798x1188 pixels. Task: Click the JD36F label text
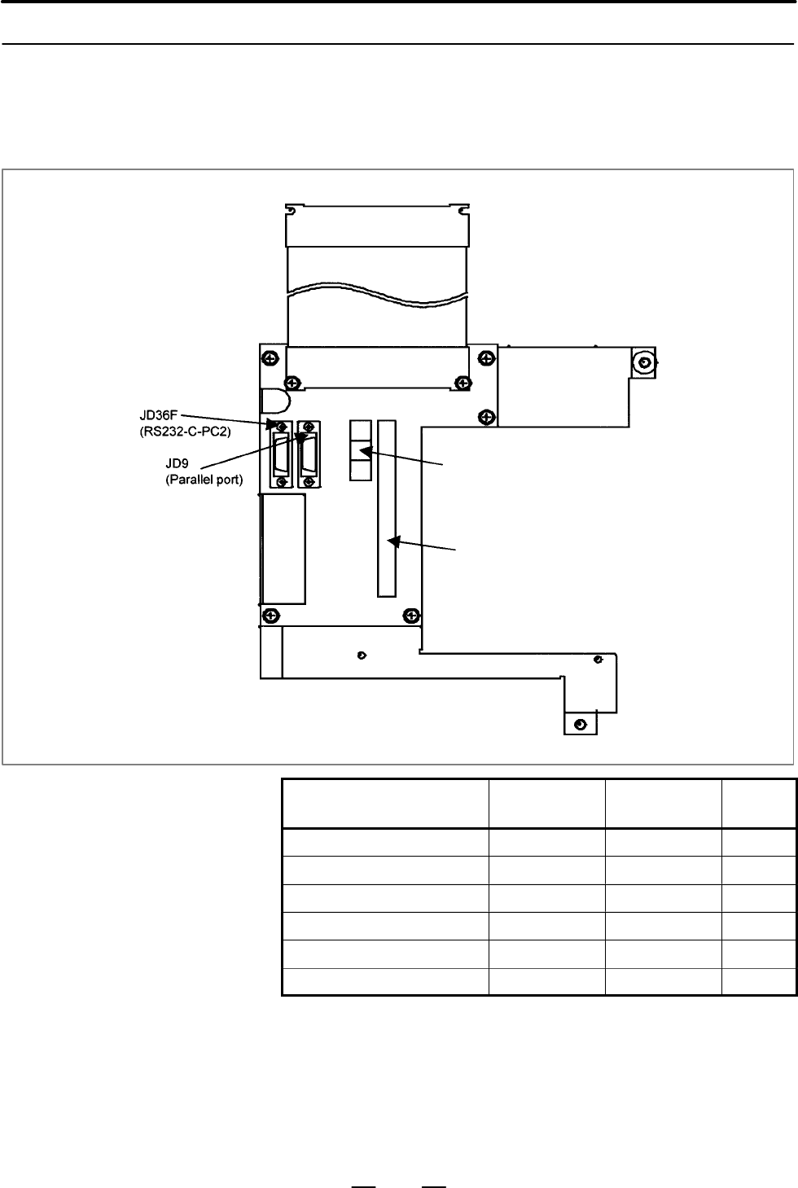tap(159, 414)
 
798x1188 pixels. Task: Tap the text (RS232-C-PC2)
tap(185, 432)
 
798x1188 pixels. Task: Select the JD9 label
tap(177, 463)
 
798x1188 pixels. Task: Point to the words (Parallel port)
tap(204, 480)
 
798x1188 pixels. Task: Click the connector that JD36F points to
tap(281, 454)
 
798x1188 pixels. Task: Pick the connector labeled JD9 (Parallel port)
tap(309, 454)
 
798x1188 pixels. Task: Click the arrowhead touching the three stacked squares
tap(366, 452)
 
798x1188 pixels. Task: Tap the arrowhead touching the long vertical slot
tap(394, 541)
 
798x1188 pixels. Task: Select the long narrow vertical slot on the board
tap(387, 509)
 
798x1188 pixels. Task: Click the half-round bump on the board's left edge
tap(276, 401)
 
